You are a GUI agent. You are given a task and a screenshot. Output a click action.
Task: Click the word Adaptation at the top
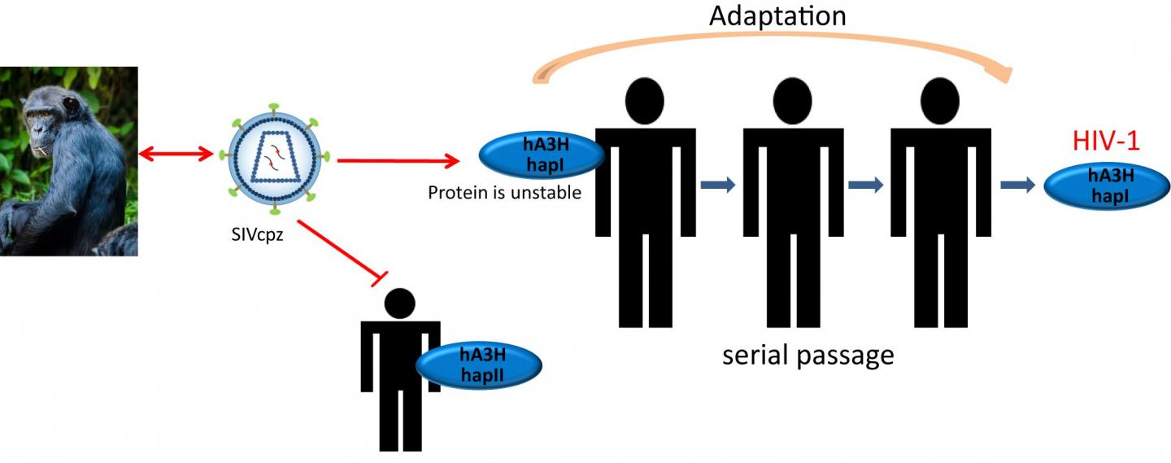pyautogui.click(x=777, y=16)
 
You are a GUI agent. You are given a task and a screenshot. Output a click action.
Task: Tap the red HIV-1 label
pyautogui.click(x=1106, y=141)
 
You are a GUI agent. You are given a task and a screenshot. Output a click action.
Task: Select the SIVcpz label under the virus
pyautogui.click(x=257, y=234)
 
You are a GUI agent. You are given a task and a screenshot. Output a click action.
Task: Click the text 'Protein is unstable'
pyautogui.click(x=504, y=193)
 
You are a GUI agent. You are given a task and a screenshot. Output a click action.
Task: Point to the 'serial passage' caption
pyautogui.click(x=808, y=356)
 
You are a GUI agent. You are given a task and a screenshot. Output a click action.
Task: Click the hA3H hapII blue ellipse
pyautogui.click(x=479, y=365)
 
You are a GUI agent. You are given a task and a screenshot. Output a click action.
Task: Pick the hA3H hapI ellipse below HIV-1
pyautogui.click(x=1107, y=186)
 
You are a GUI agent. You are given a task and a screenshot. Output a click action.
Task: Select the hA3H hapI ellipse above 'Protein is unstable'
pyautogui.click(x=542, y=155)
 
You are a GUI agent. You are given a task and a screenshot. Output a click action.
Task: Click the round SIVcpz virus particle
pyautogui.click(x=274, y=159)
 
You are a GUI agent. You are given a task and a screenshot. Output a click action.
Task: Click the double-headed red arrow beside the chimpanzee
pyautogui.click(x=176, y=154)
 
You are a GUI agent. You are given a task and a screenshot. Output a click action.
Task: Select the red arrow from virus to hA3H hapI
pyautogui.click(x=398, y=160)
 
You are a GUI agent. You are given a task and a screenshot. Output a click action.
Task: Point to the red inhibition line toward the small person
pyautogui.click(x=342, y=253)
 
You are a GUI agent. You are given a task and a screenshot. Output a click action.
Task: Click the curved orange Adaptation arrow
pyautogui.click(x=773, y=37)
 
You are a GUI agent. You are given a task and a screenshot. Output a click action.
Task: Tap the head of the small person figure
pyautogui.click(x=400, y=304)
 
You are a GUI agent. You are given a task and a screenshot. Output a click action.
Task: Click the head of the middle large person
pyautogui.click(x=793, y=101)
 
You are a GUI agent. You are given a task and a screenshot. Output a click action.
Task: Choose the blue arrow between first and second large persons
pyautogui.click(x=718, y=185)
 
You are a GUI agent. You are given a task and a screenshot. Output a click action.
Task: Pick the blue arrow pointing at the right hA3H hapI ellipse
pyautogui.click(x=1018, y=185)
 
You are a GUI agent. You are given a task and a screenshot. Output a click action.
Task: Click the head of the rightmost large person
pyautogui.click(x=940, y=101)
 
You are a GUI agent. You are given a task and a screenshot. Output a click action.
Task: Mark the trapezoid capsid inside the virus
pyautogui.click(x=275, y=157)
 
